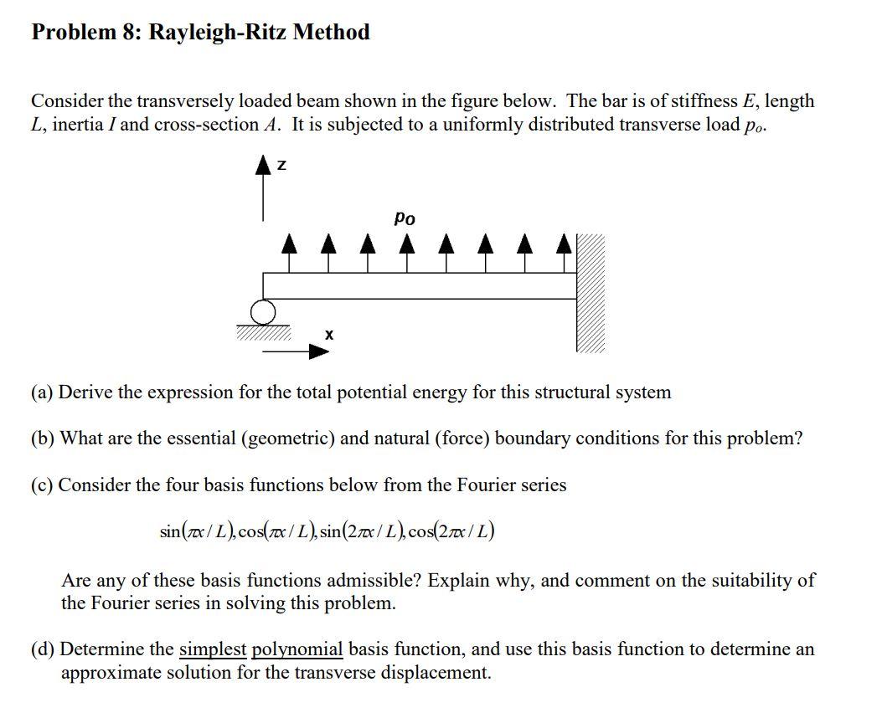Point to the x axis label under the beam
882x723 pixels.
click(x=329, y=335)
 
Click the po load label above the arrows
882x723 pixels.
click(x=404, y=218)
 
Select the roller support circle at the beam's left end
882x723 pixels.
click(x=263, y=313)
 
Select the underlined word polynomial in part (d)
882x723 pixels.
click(x=297, y=649)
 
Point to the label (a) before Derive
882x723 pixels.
click(x=43, y=392)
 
